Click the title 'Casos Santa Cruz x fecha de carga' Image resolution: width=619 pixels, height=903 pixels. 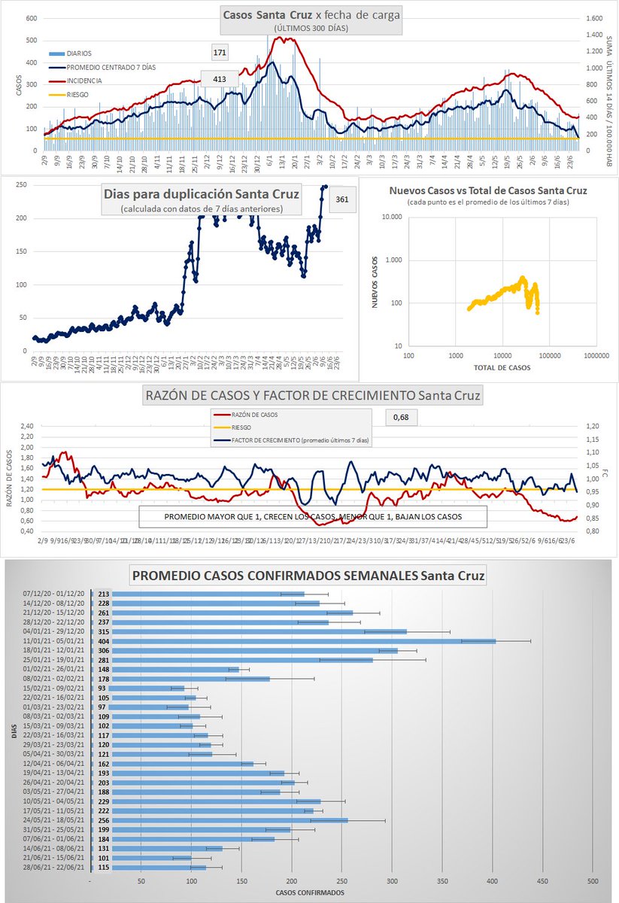[311, 15]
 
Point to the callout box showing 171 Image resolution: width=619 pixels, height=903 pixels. [220, 52]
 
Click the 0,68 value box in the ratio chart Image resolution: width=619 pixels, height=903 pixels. [399, 416]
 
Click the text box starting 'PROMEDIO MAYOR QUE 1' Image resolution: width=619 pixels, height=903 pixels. [312, 517]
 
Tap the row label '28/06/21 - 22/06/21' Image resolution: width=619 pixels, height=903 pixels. [55, 868]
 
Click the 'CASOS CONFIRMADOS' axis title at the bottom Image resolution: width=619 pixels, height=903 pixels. [310, 892]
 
